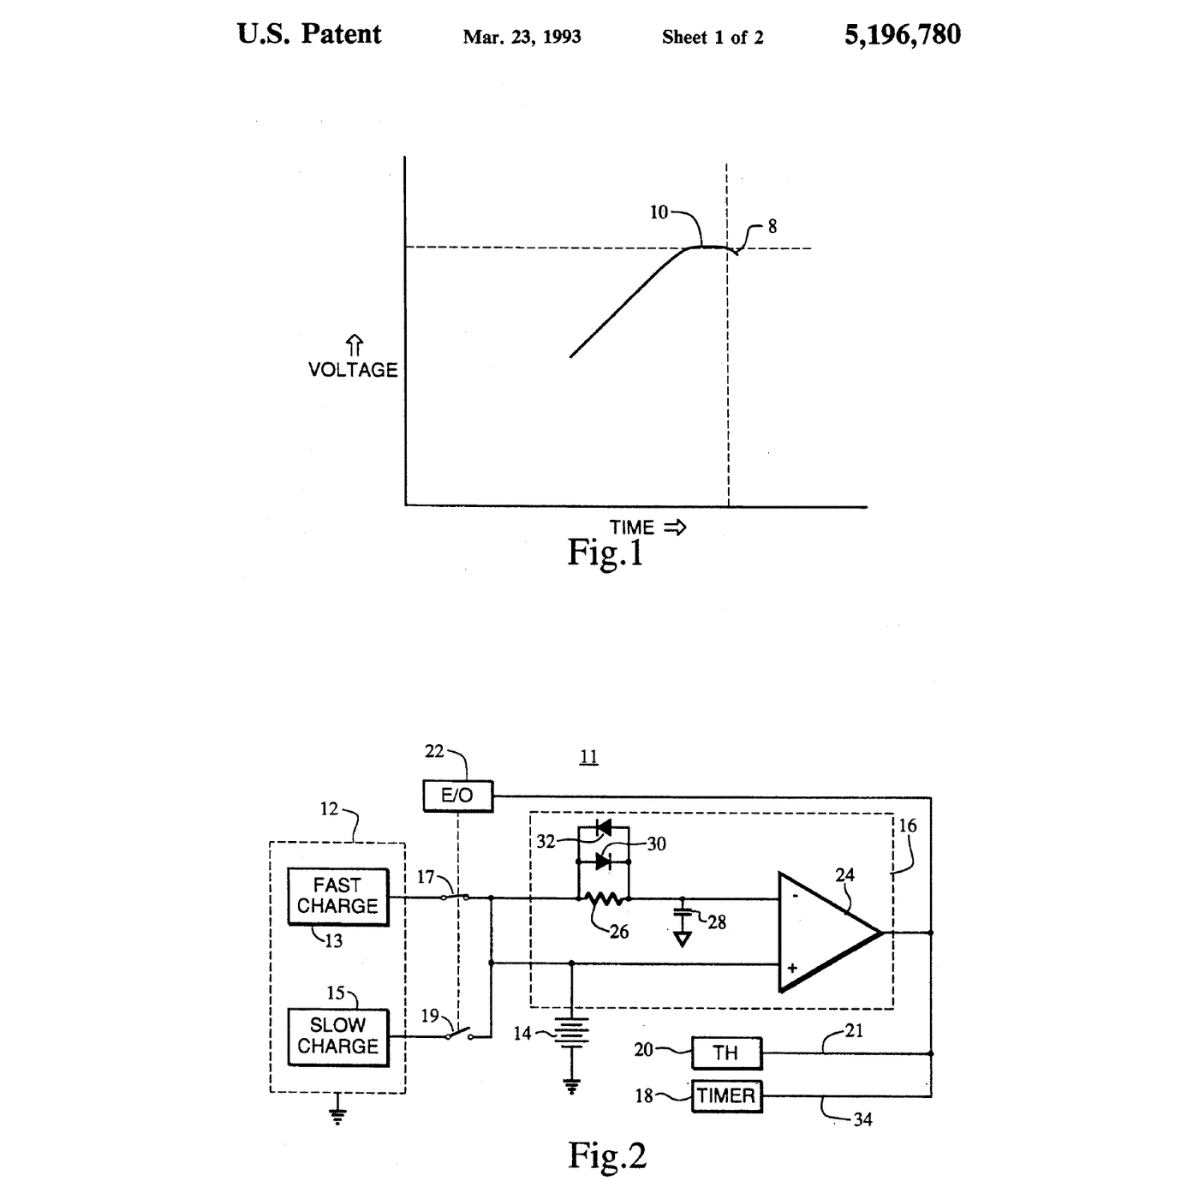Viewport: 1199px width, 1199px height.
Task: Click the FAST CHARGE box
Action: (337, 897)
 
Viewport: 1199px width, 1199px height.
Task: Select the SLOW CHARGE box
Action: (337, 1037)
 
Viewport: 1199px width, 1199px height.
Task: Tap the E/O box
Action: (458, 796)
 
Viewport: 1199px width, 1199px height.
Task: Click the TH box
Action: (726, 1053)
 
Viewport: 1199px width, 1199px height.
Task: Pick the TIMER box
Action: (726, 1095)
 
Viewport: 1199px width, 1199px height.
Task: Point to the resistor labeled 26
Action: (603, 898)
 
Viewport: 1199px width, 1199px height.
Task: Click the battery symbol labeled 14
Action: (572, 1033)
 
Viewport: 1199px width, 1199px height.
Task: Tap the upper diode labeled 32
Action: (603, 827)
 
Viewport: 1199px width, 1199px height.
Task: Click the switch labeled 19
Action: (459, 1035)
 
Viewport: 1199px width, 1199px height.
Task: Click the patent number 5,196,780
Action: (902, 35)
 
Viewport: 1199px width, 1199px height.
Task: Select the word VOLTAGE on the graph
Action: (353, 370)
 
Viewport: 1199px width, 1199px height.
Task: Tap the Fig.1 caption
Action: (605, 552)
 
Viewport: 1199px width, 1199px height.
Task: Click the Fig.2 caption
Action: (607, 1155)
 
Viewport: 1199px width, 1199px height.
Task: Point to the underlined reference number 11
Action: (588, 757)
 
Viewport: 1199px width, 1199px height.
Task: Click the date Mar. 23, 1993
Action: (522, 38)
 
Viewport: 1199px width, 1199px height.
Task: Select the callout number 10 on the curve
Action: (659, 212)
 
